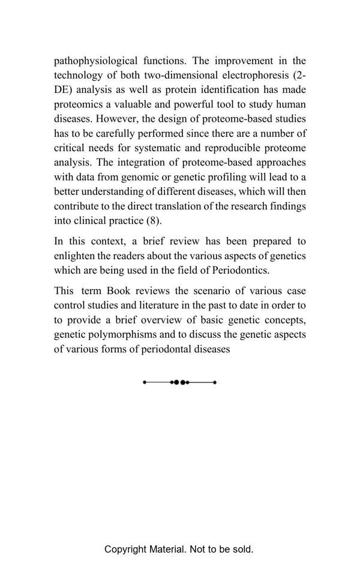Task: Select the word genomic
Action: coord(136,177)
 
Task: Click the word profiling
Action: coord(227,177)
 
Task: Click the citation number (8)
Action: coord(154,220)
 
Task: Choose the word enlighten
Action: coord(74,256)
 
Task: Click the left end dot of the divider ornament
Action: coord(145,382)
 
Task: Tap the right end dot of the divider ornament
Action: coord(215,382)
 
